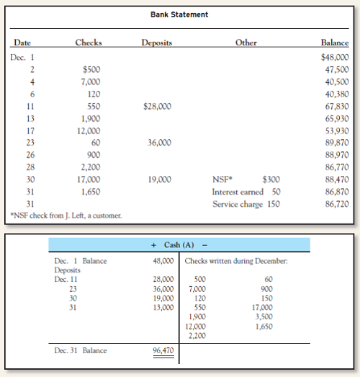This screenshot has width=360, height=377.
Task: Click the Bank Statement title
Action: tap(179, 14)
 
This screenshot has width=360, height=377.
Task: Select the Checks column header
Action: tap(89, 43)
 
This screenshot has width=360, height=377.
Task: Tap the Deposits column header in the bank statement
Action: tap(156, 43)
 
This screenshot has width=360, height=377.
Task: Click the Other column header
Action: tap(246, 43)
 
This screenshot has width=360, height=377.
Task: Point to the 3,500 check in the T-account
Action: tap(264, 316)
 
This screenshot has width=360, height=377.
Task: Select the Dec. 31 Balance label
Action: tap(81, 351)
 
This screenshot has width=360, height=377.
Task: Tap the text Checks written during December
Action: tap(236, 260)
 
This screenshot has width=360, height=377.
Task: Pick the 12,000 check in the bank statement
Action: tap(89, 131)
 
